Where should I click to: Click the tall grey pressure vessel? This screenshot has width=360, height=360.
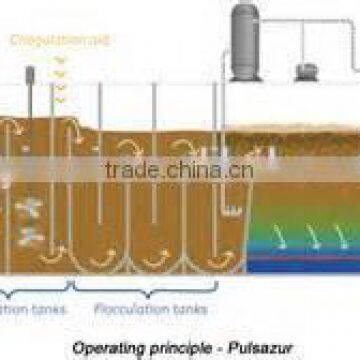(245, 45)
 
